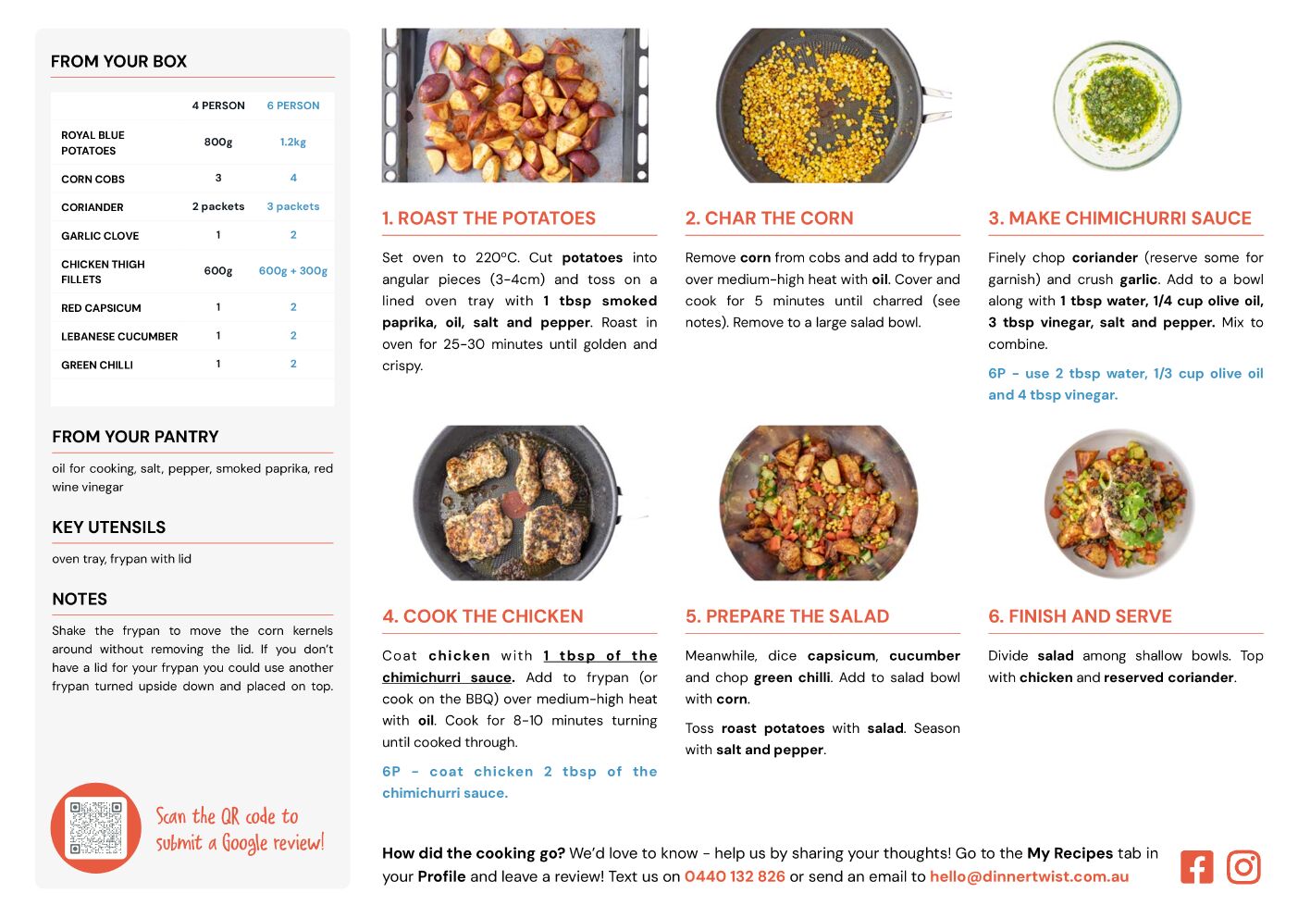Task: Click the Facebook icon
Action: coord(1196,866)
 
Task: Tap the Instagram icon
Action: coord(1243,866)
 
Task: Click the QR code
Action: coord(95,827)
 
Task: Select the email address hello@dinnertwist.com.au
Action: coord(1029,876)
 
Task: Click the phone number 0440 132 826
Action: coord(735,876)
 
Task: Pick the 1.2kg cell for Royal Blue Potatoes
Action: coord(292,142)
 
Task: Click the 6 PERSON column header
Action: coord(292,105)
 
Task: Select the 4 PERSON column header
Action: coord(218,105)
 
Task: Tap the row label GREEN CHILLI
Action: coord(97,366)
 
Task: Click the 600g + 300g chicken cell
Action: coord(292,270)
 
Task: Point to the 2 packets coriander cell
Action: coord(218,206)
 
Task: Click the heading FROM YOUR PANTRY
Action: coord(135,437)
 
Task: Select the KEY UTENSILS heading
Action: coord(108,527)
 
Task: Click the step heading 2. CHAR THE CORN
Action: coord(769,217)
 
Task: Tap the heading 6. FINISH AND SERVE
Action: coord(1080,616)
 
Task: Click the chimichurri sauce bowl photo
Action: coord(1117,105)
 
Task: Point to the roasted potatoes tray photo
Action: coord(514,105)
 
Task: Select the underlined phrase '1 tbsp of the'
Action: coord(600,655)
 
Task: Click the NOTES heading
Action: coord(80,599)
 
